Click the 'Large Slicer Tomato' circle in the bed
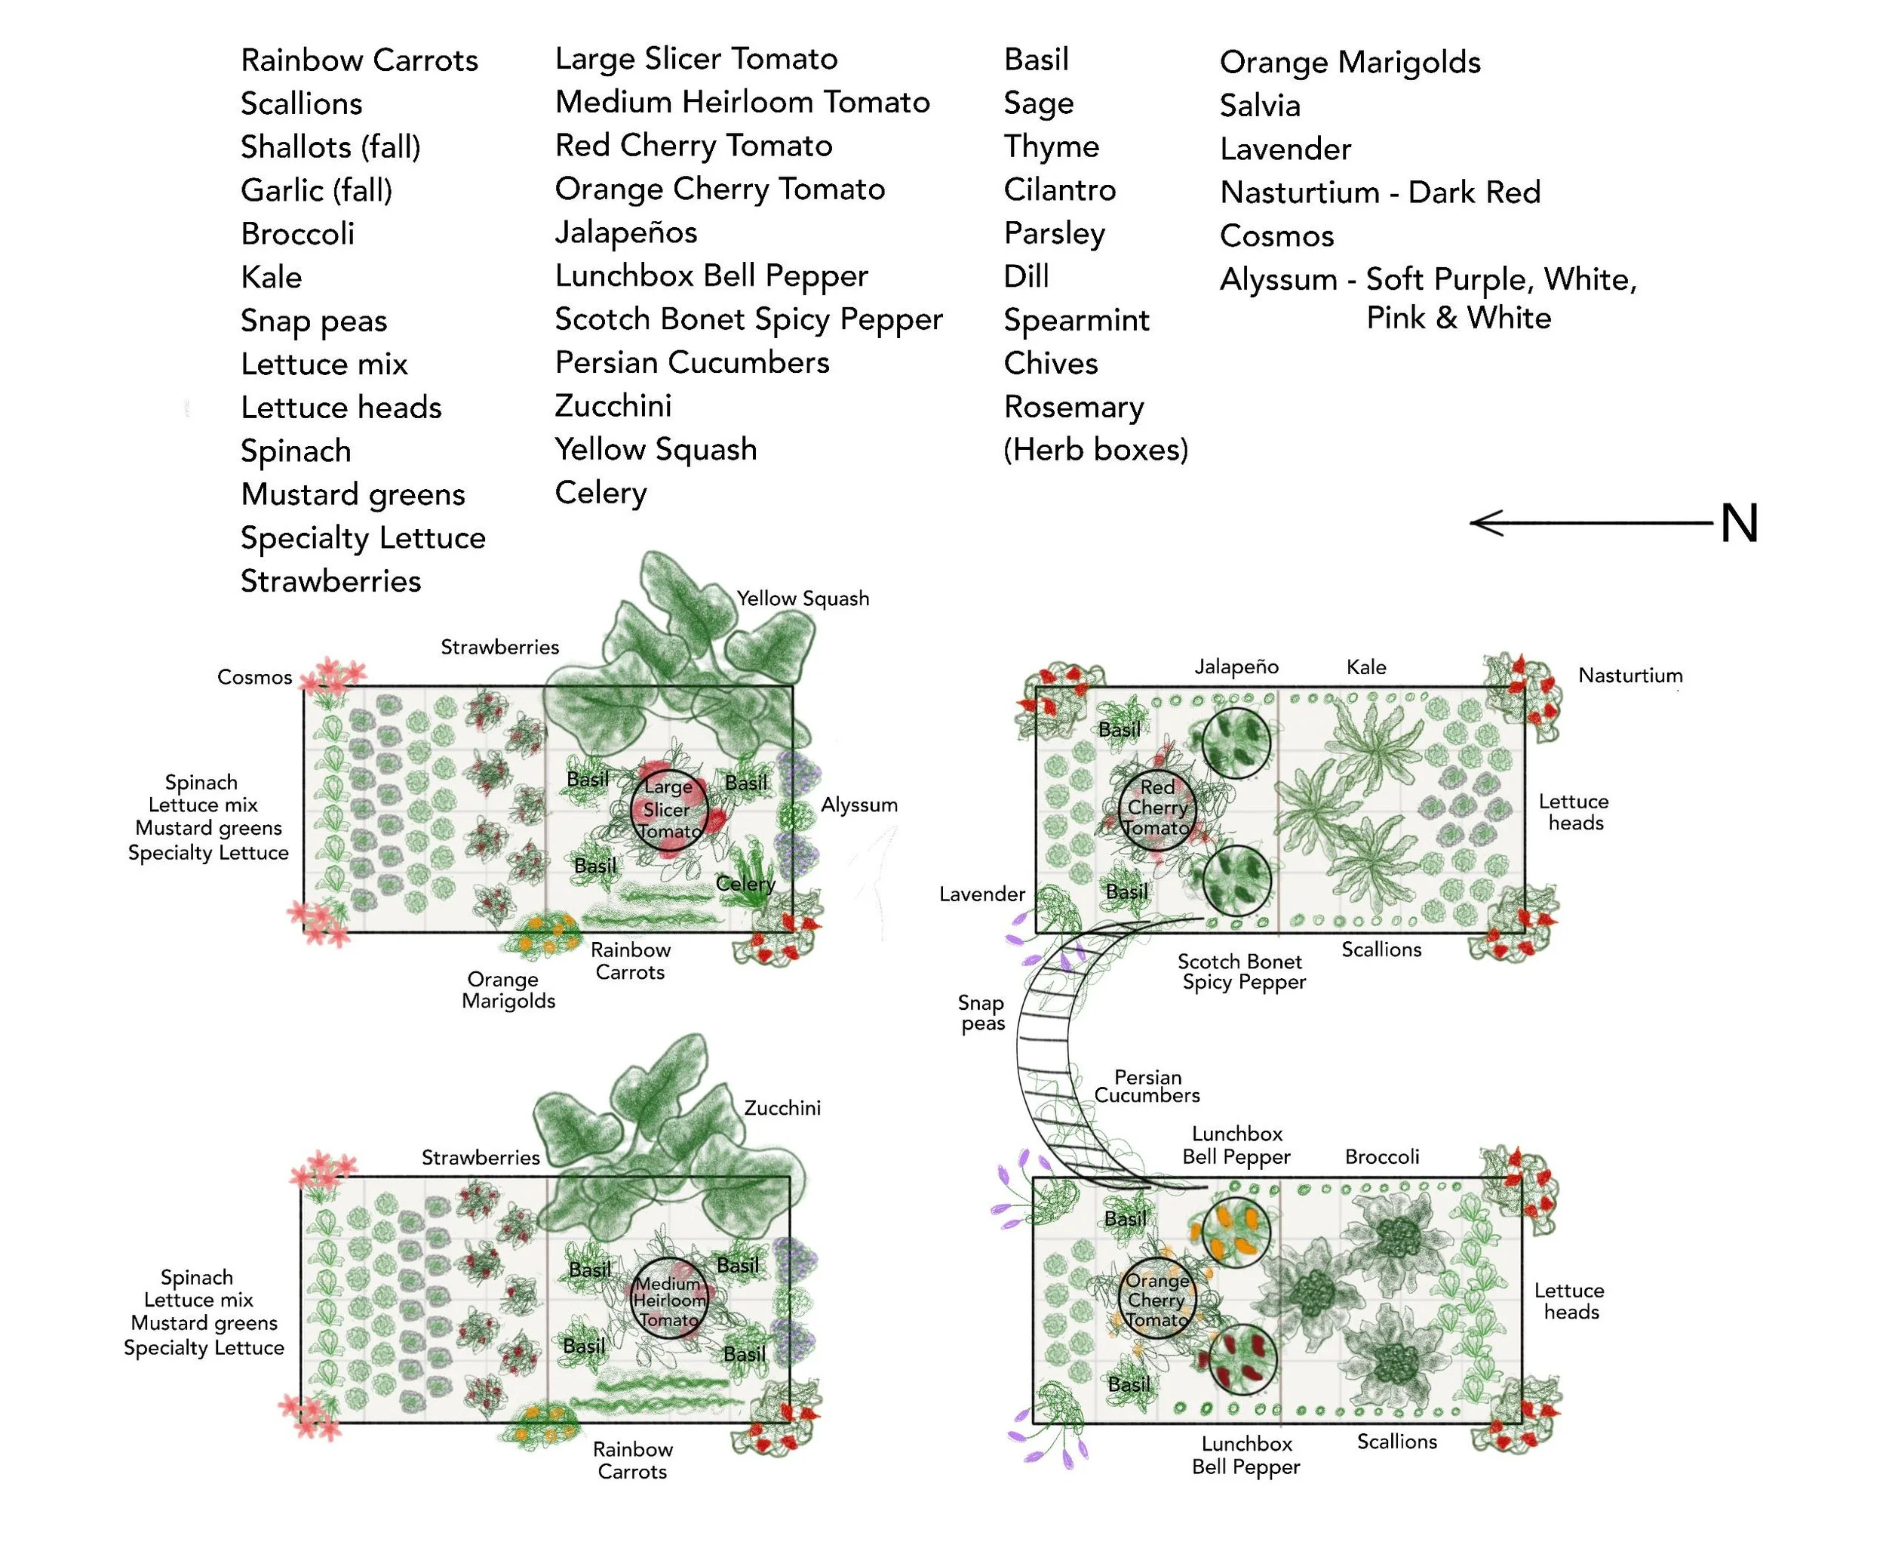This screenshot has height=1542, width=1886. [668, 809]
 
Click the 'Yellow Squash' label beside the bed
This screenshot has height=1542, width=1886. [803, 599]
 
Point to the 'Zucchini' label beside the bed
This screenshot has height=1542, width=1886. [782, 1108]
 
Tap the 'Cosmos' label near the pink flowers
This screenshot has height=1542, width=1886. [254, 677]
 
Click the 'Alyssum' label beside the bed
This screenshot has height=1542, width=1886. [859, 805]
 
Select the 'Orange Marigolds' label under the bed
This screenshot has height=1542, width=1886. [508, 990]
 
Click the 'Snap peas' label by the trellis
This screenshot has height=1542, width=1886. [982, 1013]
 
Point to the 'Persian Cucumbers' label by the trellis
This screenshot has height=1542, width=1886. [1147, 1085]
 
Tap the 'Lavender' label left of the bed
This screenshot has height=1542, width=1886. [982, 894]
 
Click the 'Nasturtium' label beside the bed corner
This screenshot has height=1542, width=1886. [1630, 675]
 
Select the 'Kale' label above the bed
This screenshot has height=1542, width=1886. [1365, 667]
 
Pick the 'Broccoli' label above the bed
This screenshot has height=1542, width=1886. [1381, 1156]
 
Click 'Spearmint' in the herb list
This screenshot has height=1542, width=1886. [1077, 320]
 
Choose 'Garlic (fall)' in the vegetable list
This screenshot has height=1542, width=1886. [316, 190]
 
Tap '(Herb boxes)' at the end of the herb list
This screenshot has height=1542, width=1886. [1095, 449]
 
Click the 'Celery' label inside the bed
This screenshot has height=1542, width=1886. [745, 884]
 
